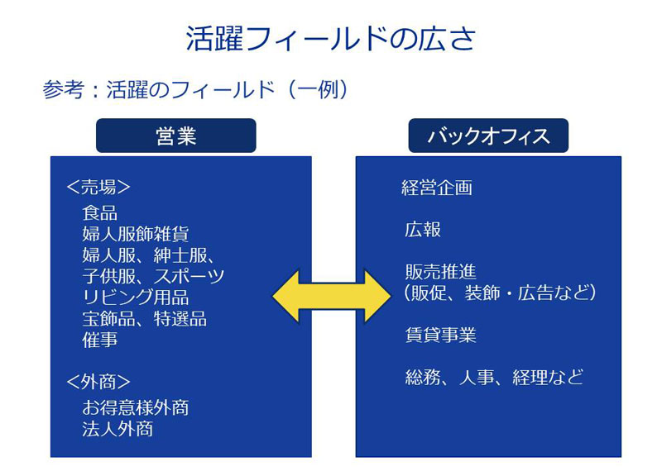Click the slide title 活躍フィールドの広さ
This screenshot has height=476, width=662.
tap(331, 38)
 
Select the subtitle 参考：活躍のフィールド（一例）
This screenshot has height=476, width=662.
tap(195, 89)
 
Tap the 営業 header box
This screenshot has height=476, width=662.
tap(176, 136)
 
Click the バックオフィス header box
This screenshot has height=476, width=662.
tap(488, 136)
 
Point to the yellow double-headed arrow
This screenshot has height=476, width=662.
tap(332, 297)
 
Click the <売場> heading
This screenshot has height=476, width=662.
tap(98, 188)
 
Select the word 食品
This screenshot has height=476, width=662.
tap(99, 213)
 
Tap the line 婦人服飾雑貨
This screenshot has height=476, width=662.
tap(136, 234)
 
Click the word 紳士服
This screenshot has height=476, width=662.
tap(180, 255)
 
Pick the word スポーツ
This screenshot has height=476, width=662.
tap(189, 276)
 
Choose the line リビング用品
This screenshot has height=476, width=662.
tap(136, 297)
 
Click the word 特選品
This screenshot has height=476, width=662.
tap(180, 319)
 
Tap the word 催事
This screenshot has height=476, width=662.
tap(99, 340)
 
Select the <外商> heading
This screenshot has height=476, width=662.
tap(98, 382)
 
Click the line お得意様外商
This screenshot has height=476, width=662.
tap(136, 407)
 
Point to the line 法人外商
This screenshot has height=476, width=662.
tap(118, 429)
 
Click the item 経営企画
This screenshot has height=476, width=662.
tap(437, 188)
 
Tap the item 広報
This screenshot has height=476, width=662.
tap(423, 230)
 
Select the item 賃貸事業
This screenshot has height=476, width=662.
tap(440, 336)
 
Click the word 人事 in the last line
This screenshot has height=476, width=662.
tap(477, 378)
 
